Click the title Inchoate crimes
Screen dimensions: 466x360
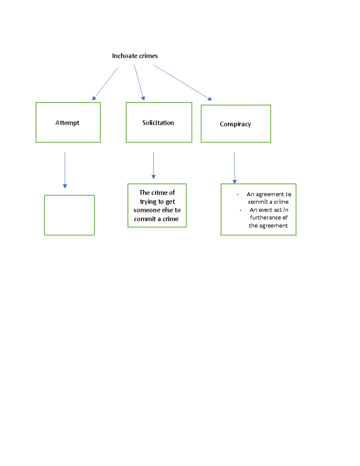tap(135, 56)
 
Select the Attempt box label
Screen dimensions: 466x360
tap(67, 123)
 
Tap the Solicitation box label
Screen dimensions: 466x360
tap(158, 123)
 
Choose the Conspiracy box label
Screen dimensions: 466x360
tap(235, 124)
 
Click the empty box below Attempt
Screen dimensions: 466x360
tap(69, 215)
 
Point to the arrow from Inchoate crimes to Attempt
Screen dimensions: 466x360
tap(105, 83)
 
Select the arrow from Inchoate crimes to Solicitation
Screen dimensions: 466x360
tap(139, 83)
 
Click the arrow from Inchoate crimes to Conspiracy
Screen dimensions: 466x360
tap(182, 82)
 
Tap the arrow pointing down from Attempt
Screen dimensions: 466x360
tap(65, 170)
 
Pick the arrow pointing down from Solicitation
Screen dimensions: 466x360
tap(153, 165)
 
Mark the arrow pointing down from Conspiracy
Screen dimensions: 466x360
tap(234, 167)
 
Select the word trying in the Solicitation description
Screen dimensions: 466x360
tap(148, 202)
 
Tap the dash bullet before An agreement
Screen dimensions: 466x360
tap(238, 195)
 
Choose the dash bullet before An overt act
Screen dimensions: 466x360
tap(240, 210)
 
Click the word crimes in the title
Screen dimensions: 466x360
tap(148, 56)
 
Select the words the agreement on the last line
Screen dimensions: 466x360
tap(268, 226)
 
